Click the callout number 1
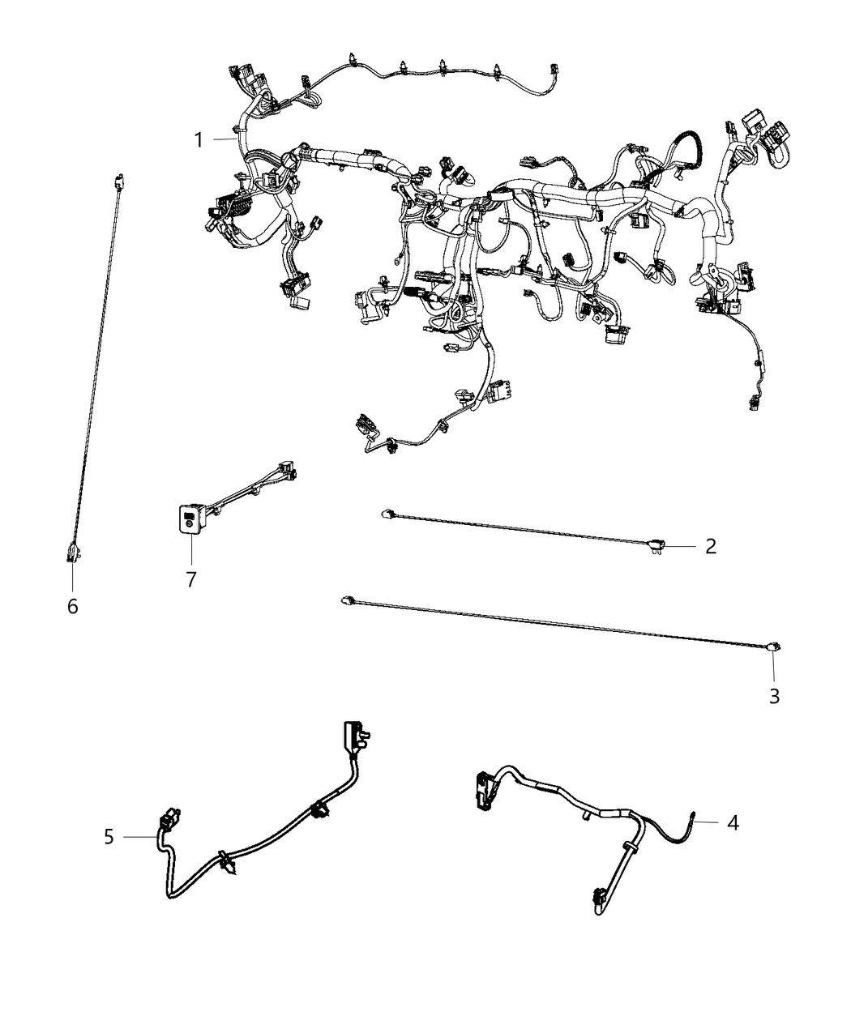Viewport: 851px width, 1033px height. pyautogui.click(x=198, y=140)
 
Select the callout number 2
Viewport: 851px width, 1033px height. pyautogui.click(x=710, y=546)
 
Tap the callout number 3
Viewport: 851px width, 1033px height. pyautogui.click(x=774, y=695)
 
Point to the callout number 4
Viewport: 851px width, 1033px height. pyautogui.click(x=733, y=822)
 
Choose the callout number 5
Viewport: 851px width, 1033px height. pyautogui.click(x=109, y=836)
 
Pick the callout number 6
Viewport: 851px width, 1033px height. pyautogui.click(x=72, y=605)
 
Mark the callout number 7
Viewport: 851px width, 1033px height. pyautogui.click(x=191, y=580)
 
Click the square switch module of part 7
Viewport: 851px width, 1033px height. pyautogui.click(x=190, y=519)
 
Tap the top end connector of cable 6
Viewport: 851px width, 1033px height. pyautogui.click(x=118, y=181)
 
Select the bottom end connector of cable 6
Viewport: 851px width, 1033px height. pyautogui.click(x=71, y=554)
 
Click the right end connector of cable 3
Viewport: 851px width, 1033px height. pyautogui.click(x=774, y=646)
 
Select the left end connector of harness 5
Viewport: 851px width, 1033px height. pyautogui.click(x=171, y=819)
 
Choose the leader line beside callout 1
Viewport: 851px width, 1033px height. pyautogui.click(x=225, y=140)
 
